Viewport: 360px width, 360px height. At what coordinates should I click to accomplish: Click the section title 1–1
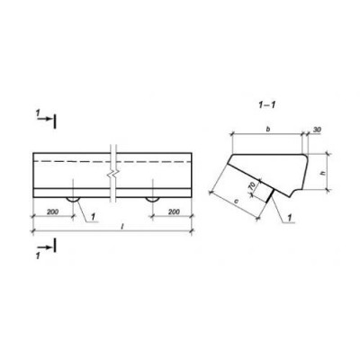coord(267,104)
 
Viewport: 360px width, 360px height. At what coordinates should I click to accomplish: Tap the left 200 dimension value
coord(52,211)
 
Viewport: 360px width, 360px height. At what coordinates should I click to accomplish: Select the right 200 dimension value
coord(174,211)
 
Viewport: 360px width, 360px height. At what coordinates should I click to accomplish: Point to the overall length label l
coord(122,227)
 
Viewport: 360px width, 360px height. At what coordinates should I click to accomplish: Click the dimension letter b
coord(268,130)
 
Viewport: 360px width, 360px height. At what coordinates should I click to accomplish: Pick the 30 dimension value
coord(317,130)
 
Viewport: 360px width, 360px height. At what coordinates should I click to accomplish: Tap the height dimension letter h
coord(322,173)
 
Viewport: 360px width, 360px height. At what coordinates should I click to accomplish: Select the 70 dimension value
coord(251,186)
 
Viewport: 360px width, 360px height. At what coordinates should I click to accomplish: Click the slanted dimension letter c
coord(236,202)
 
